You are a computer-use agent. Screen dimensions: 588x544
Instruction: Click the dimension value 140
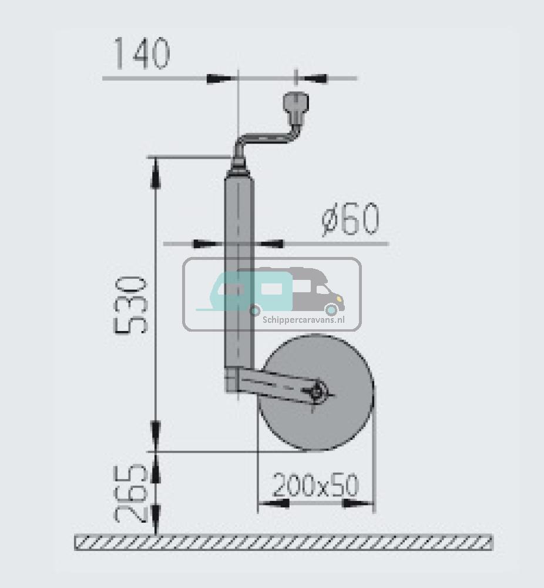point(142,54)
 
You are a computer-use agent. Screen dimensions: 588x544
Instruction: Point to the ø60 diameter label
point(351,220)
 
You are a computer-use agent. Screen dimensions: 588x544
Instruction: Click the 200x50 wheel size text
point(315,486)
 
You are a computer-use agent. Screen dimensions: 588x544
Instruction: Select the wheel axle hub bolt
point(319,391)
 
